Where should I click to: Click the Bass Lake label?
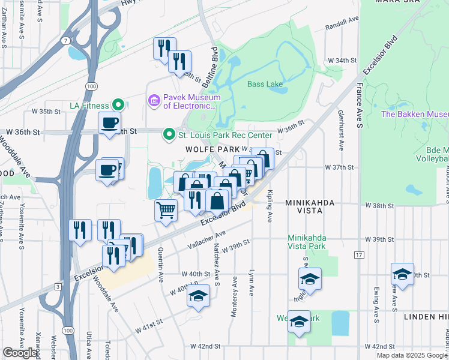point(265,84)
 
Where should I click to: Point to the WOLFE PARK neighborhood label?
point(208,148)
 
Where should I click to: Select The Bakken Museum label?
point(415,114)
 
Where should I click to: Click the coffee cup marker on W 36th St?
point(109,123)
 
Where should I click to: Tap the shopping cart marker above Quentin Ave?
point(166,210)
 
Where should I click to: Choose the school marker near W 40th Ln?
point(198,296)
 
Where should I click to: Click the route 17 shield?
point(359,255)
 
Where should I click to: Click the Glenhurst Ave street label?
point(340,130)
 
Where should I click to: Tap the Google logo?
point(20,353)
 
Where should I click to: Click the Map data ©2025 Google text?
point(411,355)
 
